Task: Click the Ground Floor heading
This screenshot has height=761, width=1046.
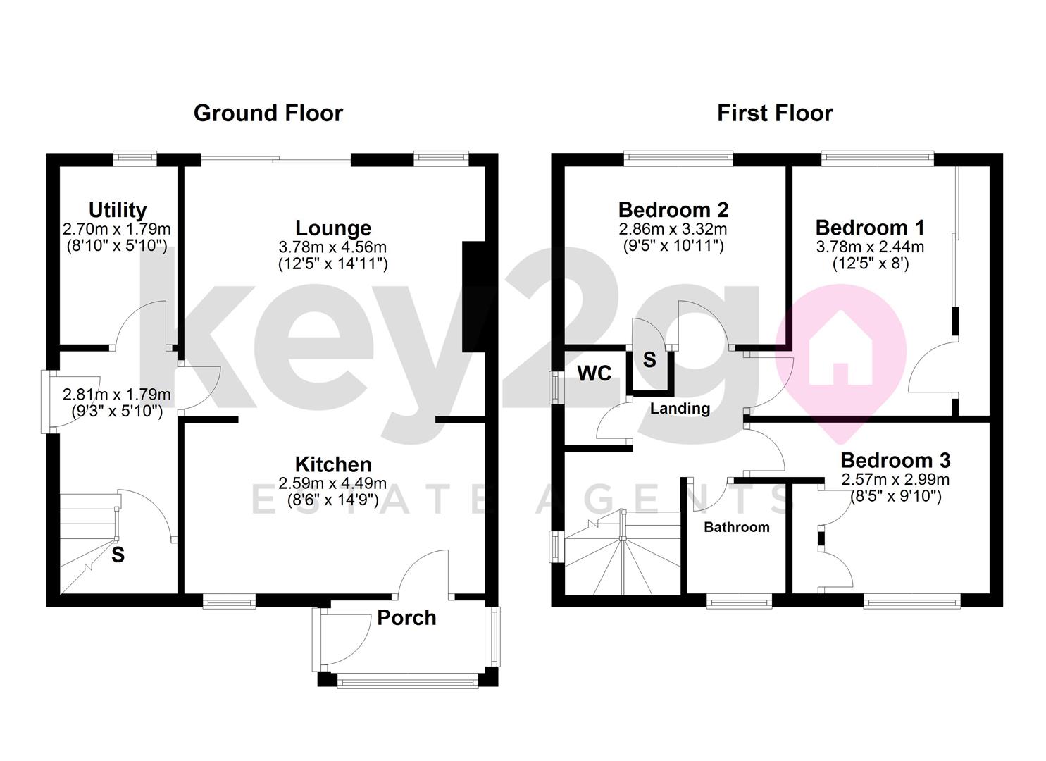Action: coord(268,113)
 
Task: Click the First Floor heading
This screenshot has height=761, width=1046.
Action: coord(775,113)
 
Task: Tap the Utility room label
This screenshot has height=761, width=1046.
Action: coord(118,209)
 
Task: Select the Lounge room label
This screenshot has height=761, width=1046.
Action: coord(333,228)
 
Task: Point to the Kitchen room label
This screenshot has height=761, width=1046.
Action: coord(333,464)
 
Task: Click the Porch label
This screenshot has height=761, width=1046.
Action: coord(406,617)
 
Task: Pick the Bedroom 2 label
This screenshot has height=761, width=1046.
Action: coord(673,209)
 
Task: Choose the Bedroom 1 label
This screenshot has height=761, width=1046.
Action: coord(870,228)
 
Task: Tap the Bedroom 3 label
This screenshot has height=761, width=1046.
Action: coord(895,460)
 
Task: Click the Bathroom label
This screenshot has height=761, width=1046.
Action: coord(737,527)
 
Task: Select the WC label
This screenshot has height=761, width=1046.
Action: coord(594,373)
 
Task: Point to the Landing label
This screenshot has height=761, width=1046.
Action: coord(680,409)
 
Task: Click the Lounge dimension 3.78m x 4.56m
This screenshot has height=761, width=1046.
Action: coord(333,247)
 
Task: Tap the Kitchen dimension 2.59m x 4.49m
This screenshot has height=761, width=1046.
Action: coord(333,483)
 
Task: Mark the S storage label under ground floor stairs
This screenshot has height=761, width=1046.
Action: coord(118,555)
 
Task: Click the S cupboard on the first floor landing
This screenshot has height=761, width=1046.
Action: coord(649,361)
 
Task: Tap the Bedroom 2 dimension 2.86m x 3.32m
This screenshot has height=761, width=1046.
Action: coord(673,229)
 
